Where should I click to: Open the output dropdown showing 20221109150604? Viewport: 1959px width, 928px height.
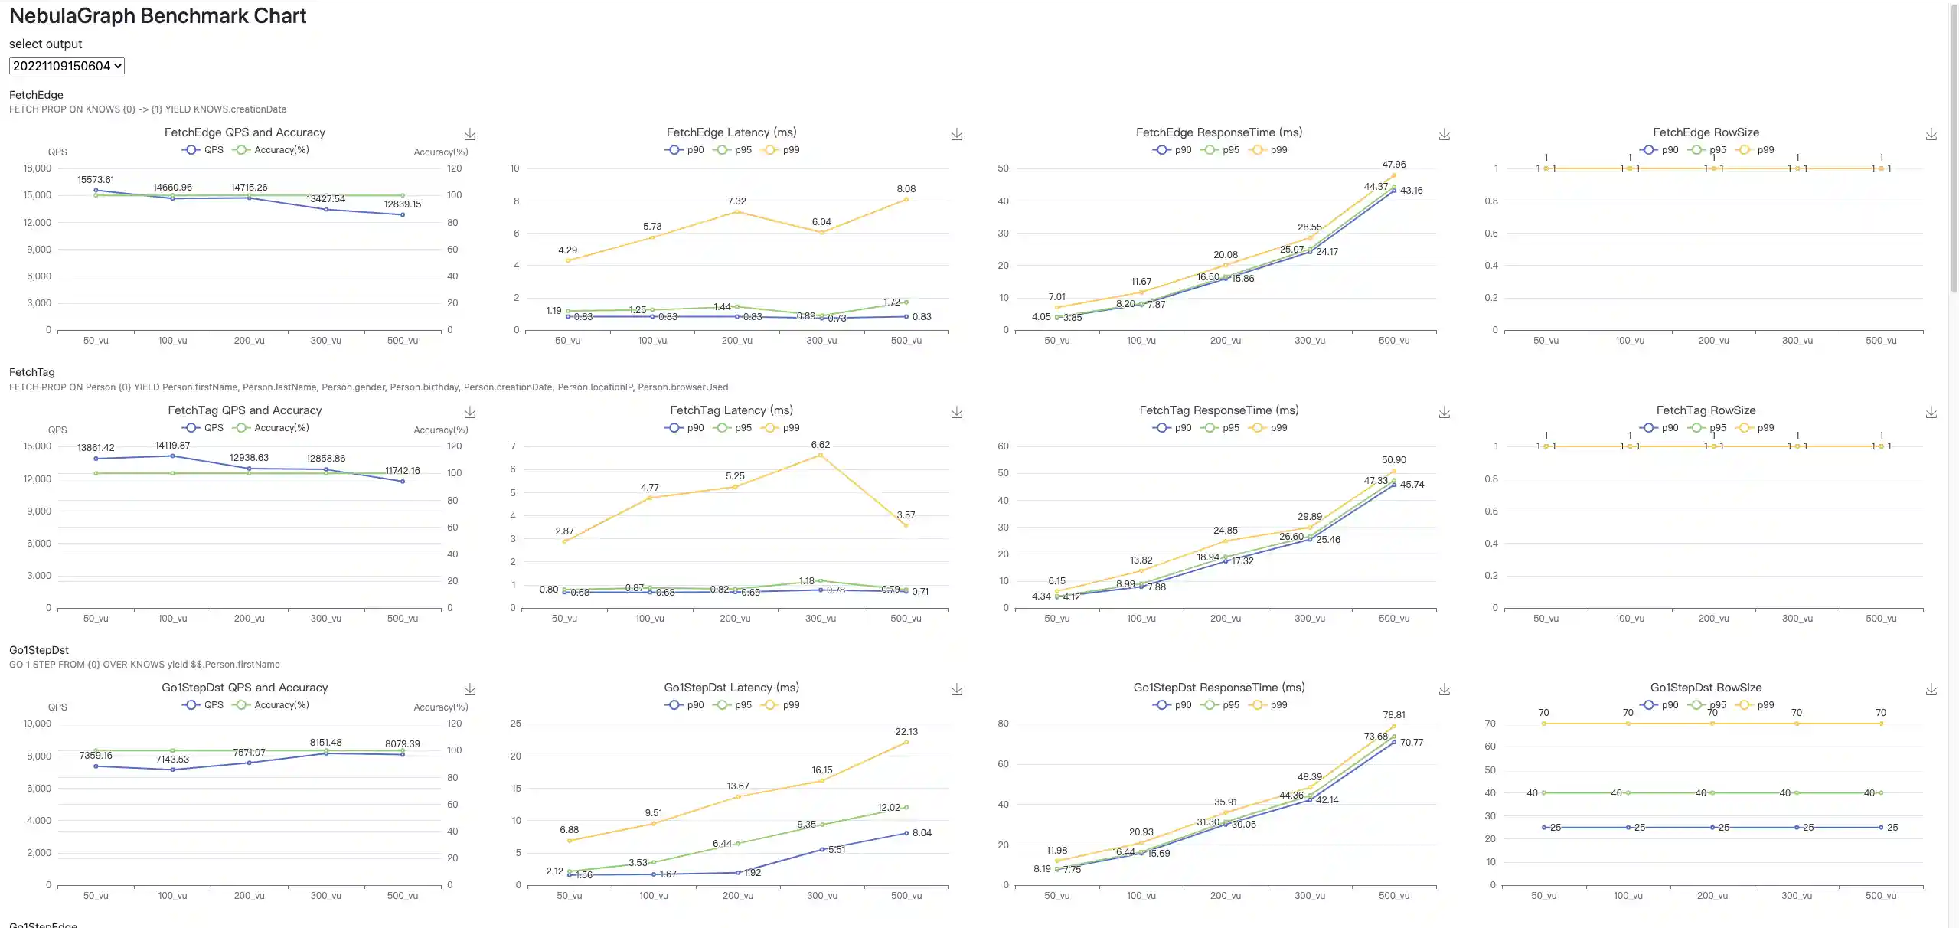pyautogui.click(x=67, y=66)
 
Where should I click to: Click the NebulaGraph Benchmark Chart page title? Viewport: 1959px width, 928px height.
pyautogui.click(x=158, y=16)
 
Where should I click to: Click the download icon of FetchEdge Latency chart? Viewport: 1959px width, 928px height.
pyautogui.click(x=956, y=135)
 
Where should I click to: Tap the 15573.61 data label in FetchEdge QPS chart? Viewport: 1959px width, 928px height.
pyautogui.click(x=96, y=180)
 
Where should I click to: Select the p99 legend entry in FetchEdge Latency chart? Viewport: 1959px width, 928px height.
pyautogui.click(x=782, y=150)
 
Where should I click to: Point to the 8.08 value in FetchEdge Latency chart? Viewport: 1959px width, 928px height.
pyautogui.click(x=906, y=189)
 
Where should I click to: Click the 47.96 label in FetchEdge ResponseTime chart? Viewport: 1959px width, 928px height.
pyautogui.click(x=1393, y=165)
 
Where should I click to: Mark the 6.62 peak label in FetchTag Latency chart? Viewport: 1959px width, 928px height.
pyautogui.click(x=820, y=445)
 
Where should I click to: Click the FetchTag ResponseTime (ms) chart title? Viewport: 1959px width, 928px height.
pyautogui.click(x=1219, y=410)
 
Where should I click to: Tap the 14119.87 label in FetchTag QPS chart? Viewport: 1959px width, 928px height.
pyautogui.click(x=172, y=446)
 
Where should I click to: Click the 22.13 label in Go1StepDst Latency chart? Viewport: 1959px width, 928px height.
pyautogui.click(x=906, y=732)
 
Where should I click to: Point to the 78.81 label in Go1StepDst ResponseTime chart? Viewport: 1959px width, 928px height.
pyautogui.click(x=1393, y=715)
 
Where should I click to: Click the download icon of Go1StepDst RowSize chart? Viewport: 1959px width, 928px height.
pyautogui.click(x=1931, y=690)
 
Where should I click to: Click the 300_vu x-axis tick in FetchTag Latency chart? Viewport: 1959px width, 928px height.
pyautogui.click(x=820, y=619)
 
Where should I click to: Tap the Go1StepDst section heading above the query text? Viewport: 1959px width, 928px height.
pyautogui.click(x=39, y=650)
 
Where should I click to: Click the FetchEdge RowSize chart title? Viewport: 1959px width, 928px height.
pyautogui.click(x=1706, y=132)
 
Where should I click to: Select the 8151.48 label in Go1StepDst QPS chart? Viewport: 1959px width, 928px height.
pyautogui.click(x=325, y=743)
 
